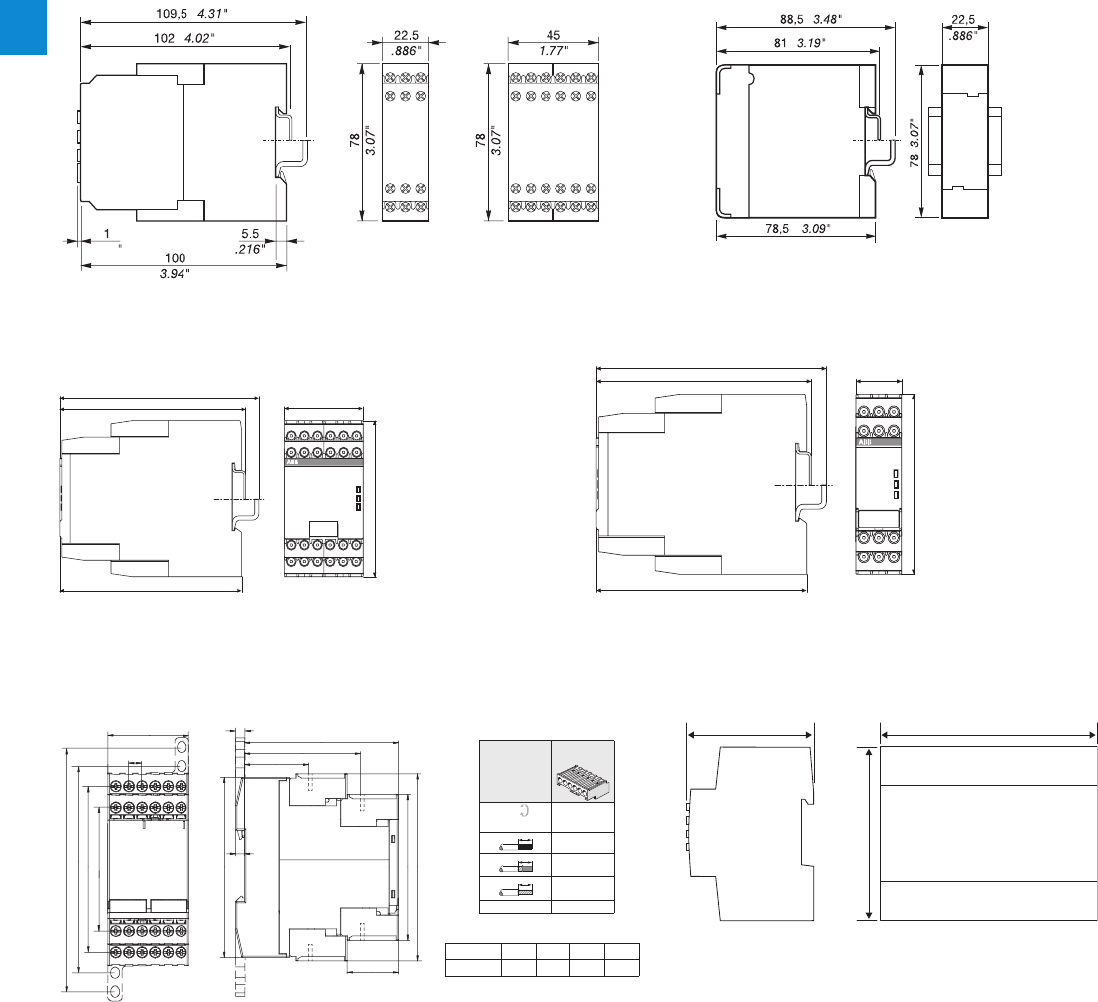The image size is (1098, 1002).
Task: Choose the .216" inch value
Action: click(x=250, y=250)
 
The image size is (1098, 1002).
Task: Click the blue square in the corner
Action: click(x=23, y=26)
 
